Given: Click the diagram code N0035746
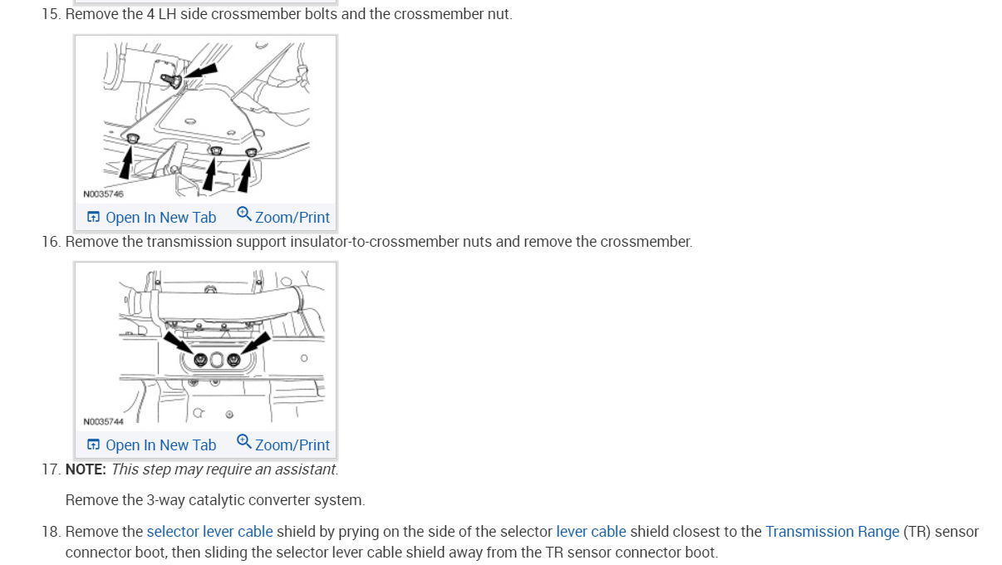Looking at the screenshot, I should click(x=103, y=194).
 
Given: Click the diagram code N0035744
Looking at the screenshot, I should click(x=103, y=421).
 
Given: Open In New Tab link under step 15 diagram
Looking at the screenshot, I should click(x=152, y=218).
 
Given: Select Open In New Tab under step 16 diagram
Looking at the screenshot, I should click(x=152, y=445).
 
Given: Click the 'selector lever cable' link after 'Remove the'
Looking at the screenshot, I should click(x=209, y=532).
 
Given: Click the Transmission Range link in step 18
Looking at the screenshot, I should click(x=832, y=532).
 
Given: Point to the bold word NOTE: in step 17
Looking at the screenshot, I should click(x=86, y=469).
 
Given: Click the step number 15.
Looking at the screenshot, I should click(x=51, y=15).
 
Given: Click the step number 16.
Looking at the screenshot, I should click(x=51, y=242).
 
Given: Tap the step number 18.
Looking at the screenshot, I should click(x=51, y=532).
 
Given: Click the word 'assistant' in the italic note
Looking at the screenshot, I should click(x=308, y=469).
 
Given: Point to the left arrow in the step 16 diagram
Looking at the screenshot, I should click(x=177, y=341).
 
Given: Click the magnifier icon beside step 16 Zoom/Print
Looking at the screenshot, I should click(x=243, y=441).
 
